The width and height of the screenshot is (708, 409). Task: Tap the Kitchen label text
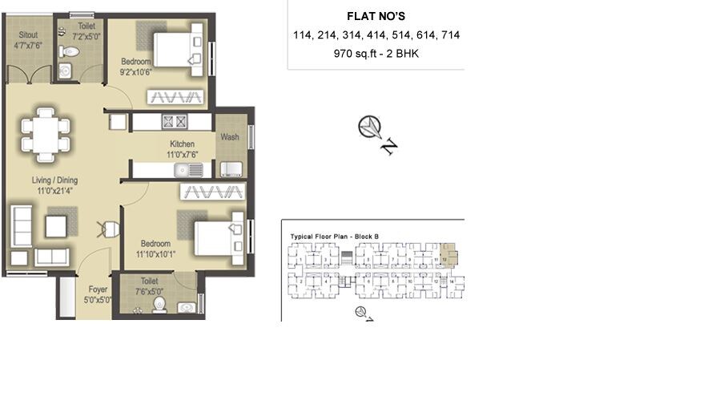(x=182, y=144)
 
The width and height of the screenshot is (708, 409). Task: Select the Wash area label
(x=230, y=137)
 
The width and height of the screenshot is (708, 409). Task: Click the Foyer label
(x=98, y=290)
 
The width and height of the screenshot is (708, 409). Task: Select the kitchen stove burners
(x=175, y=122)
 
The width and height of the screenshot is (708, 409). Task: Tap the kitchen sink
(x=189, y=169)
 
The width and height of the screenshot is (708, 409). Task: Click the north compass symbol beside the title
(x=370, y=127)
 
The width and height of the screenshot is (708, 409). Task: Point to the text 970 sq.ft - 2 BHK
(x=376, y=55)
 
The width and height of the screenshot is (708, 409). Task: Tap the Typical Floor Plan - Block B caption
(x=334, y=237)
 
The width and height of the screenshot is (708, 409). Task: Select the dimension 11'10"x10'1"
(x=156, y=254)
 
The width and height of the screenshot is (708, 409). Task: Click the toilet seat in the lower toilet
(x=159, y=304)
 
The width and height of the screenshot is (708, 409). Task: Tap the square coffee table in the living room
(x=56, y=226)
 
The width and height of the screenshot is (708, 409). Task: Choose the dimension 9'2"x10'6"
(x=136, y=71)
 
